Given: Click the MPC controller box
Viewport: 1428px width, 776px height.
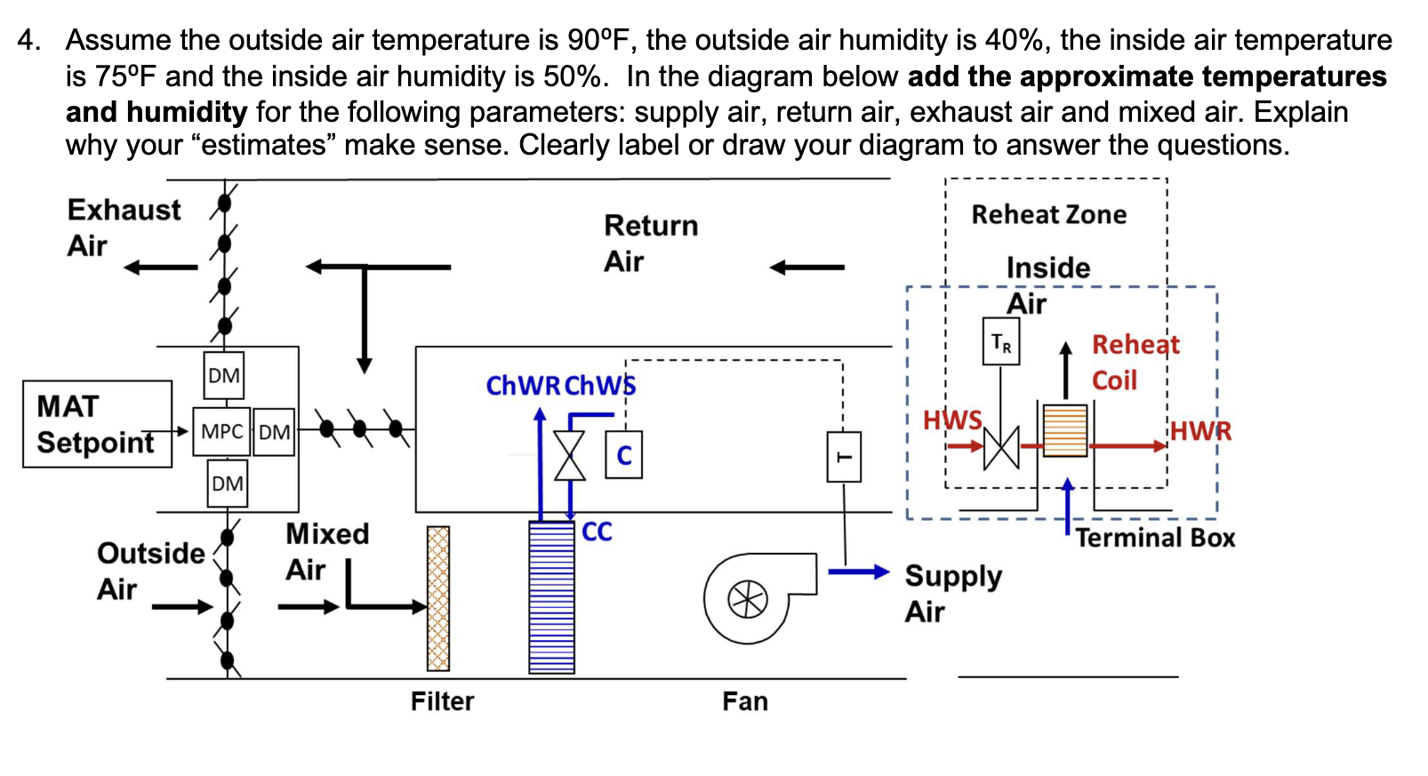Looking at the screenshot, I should pyautogui.click(x=221, y=432).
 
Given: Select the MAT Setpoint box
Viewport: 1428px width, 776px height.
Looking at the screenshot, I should pyautogui.click(x=97, y=424).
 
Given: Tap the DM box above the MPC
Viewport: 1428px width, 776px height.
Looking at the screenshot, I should pyautogui.click(x=224, y=376).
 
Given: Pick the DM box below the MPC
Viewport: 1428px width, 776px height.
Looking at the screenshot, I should pyautogui.click(x=228, y=484).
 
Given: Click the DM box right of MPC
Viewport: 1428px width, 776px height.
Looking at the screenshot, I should pyautogui.click(x=274, y=432).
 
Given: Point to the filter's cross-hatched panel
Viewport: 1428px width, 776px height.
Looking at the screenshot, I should pyautogui.click(x=438, y=598).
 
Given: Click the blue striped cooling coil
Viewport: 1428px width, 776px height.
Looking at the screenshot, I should pyautogui.click(x=551, y=597).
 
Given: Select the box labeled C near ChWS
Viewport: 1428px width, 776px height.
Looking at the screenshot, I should pyautogui.click(x=624, y=456).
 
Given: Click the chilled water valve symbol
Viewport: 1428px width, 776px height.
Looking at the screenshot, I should pyautogui.click(x=570, y=456).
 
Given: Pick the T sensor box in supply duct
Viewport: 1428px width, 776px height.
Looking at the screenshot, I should pyautogui.click(x=844, y=457).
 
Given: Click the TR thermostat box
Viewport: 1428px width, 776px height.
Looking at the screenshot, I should pyautogui.click(x=1001, y=342).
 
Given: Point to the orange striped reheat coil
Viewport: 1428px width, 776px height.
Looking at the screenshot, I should pyautogui.click(x=1065, y=430).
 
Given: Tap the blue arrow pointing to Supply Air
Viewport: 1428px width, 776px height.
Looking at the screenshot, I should pyautogui.click(x=857, y=572).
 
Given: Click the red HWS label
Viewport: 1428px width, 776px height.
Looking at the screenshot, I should pyautogui.click(x=952, y=420).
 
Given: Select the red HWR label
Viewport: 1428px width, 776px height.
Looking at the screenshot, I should pyautogui.click(x=1200, y=431).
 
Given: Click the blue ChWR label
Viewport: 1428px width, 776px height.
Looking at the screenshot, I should pyautogui.click(x=523, y=386).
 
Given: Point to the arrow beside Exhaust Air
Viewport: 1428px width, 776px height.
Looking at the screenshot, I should pyautogui.click(x=160, y=267).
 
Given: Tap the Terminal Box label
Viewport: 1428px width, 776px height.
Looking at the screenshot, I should pyautogui.click(x=1155, y=538).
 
